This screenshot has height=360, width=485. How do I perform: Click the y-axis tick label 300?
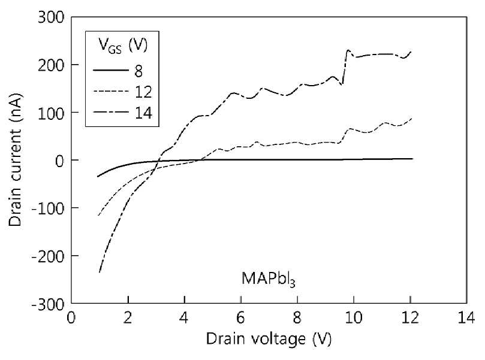(x=51, y=17)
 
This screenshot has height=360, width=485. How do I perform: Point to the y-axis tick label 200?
(x=51, y=65)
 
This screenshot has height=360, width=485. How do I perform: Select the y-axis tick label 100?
(x=51, y=113)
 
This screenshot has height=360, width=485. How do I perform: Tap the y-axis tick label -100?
(x=48, y=208)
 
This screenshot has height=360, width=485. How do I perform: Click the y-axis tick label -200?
(x=48, y=256)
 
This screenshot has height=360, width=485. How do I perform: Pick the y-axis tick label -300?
(x=48, y=305)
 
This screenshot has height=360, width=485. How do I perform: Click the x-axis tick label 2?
(x=128, y=317)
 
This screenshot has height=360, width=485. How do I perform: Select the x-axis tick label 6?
(x=240, y=317)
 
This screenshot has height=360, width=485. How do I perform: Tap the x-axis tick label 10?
(x=354, y=317)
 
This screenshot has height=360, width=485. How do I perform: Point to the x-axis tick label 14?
(x=466, y=317)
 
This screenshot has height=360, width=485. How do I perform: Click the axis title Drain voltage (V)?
(x=269, y=339)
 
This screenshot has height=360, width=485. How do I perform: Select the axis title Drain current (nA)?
(x=16, y=160)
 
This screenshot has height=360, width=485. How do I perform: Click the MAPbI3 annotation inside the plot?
(x=268, y=279)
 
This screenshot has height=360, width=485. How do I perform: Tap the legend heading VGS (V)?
(x=123, y=46)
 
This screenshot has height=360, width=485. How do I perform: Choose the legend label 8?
(x=138, y=71)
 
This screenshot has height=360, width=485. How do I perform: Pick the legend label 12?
(x=143, y=92)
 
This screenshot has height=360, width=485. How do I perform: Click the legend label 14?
(x=143, y=113)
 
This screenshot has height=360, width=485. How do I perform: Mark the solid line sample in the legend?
(x=111, y=71)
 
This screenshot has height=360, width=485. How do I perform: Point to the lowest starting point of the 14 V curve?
(x=100, y=272)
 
